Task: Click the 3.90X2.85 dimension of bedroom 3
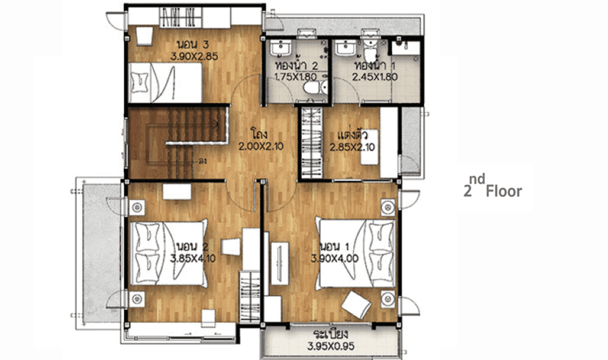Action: (194, 56)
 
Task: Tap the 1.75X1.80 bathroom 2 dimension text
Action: (296, 76)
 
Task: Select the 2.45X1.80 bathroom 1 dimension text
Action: (375, 76)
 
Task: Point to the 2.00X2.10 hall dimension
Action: (261, 146)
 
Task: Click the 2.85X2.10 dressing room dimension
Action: (352, 147)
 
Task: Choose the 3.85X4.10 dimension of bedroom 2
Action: (193, 258)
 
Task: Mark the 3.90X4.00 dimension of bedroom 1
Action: (334, 258)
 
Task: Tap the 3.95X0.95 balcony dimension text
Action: (331, 346)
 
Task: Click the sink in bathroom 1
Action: (345, 49)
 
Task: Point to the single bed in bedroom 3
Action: (165, 82)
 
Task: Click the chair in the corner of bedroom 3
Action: (144, 36)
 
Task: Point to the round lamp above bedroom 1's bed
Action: (388, 208)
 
